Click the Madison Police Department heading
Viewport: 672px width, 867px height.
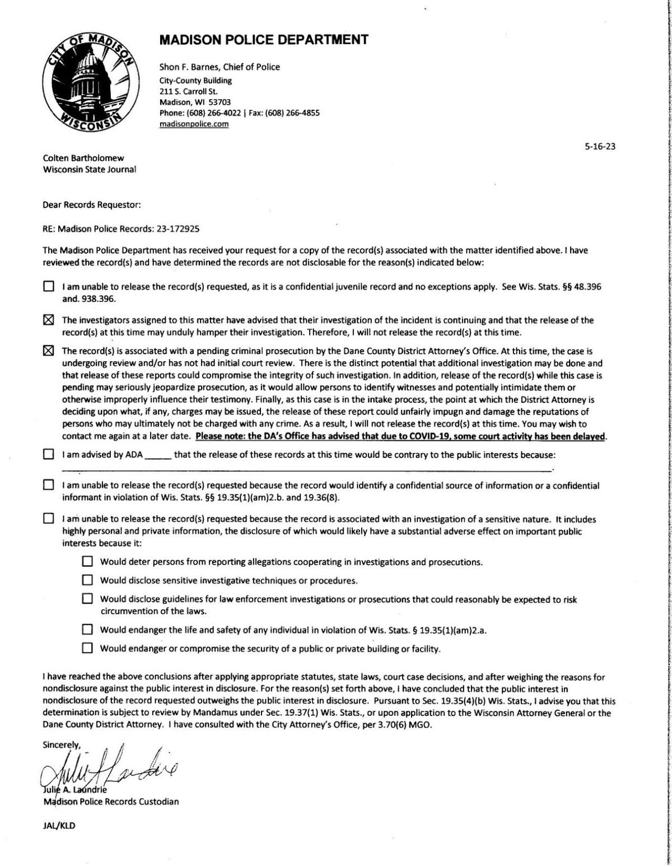click(x=264, y=40)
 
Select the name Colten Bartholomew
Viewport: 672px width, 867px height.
click(x=83, y=158)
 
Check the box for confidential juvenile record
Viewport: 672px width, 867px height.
click(x=49, y=287)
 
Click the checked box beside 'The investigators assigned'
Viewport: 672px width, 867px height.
click(x=49, y=320)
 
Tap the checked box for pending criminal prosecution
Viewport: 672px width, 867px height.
click(x=49, y=351)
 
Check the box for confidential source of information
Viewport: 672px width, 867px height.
click(x=49, y=486)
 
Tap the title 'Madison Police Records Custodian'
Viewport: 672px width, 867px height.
click(x=111, y=801)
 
